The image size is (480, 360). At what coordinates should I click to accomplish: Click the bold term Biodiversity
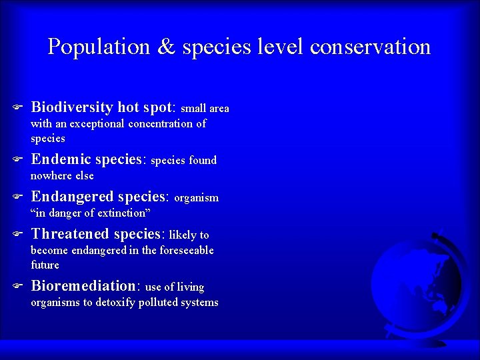click(x=73, y=107)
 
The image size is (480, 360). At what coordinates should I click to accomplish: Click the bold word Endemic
click(x=61, y=159)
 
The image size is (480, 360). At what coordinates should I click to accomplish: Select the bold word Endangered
click(x=73, y=197)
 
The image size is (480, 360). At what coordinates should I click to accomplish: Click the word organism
click(x=197, y=198)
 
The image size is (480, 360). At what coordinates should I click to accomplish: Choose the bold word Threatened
click(x=71, y=234)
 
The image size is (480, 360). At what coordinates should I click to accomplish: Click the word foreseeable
click(x=181, y=250)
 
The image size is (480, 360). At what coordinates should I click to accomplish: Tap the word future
click(x=45, y=265)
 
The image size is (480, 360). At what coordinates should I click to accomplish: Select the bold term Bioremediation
click(x=83, y=286)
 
